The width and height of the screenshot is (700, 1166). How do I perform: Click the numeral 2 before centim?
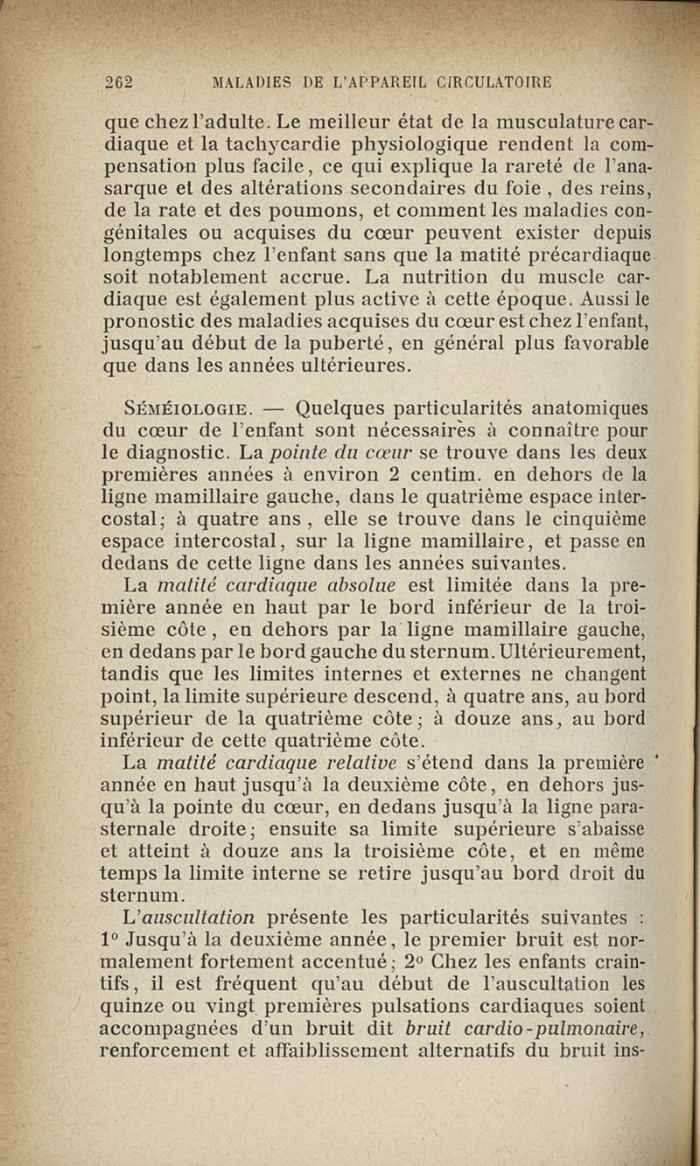click(x=396, y=476)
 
